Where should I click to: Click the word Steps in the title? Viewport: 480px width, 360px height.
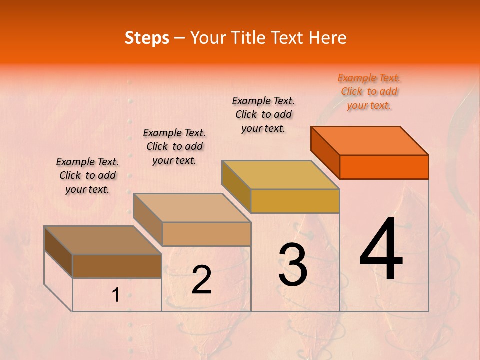pyautogui.click(x=147, y=38)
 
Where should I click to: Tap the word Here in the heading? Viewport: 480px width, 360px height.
pyautogui.click(x=327, y=38)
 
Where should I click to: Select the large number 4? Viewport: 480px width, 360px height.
pyautogui.click(x=381, y=249)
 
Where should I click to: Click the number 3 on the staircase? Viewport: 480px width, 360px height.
pyautogui.click(x=292, y=265)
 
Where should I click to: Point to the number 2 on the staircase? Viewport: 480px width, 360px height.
pyautogui.click(x=201, y=280)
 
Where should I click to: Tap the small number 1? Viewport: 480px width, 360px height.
pyautogui.click(x=116, y=295)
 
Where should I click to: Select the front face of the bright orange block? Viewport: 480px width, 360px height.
pyautogui.click(x=384, y=167)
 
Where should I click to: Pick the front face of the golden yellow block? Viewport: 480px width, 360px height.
pyautogui.click(x=295, y=201)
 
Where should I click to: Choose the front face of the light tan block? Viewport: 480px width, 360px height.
pyautogui.click(x=206, y=234)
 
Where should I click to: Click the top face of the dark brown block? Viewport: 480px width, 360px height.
pyautogui.click(x=103, y=240)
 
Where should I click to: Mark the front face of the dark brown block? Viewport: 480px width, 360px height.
pyautogui.click(x=117, y=266)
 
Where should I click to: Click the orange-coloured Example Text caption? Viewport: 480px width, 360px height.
pyautogui.click(x=369, y=92)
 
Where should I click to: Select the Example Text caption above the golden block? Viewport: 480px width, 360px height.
pyautogui.click(x=263, y=114)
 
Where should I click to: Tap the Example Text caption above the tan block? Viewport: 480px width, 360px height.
pyautogui.click(x=174, y=146)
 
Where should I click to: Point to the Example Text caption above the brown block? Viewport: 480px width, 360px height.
pyautogui.click(x=87, y=175)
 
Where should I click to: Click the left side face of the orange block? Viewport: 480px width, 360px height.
pyautogui.click(x=325, y=152)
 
